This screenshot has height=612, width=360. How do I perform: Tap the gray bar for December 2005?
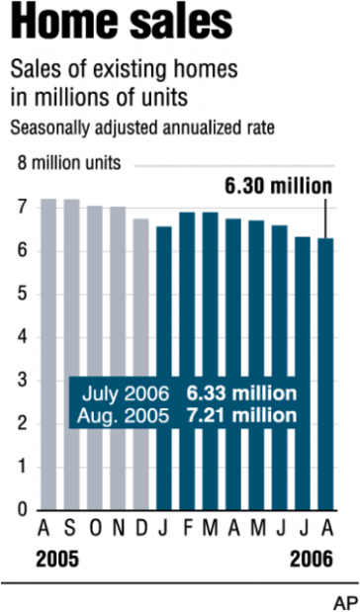tap(140, 297)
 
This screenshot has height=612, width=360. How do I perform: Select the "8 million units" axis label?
tap(63, 160)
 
